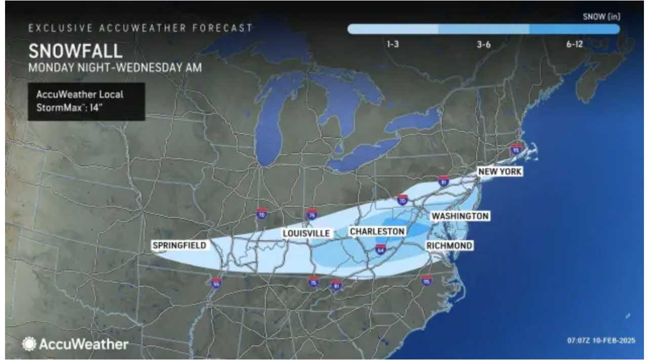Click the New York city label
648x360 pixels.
click(500, 172)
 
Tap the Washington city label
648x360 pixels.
click(460, 216)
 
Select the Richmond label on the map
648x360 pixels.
click(449, 246)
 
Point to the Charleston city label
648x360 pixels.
click(378, 231)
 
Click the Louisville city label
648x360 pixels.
click(306, 233)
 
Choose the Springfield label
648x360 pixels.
click(179, 246)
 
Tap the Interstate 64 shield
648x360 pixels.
click(381, 249)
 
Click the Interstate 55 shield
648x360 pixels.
click(216, 282)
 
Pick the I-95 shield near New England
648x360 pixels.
click(516, 149)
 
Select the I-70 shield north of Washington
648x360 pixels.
click(402, 200)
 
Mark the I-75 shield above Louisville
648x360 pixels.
click(312, 214)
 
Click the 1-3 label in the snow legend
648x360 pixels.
click(392, 45)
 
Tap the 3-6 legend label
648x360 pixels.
click(483, 45)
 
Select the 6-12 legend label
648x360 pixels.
click(575, 45)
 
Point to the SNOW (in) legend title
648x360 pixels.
click(601, 17)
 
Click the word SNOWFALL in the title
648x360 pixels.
click(75, 51)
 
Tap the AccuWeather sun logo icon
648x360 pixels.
click(29, 344)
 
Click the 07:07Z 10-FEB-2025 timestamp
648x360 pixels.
click(600, 341)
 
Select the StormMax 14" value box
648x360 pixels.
click(86, 101)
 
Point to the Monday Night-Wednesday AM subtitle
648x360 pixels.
click(115, 67)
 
